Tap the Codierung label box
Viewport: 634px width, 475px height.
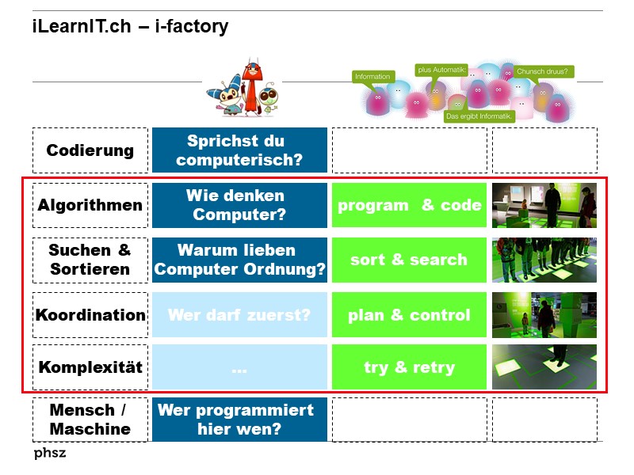click(x=90, y=150)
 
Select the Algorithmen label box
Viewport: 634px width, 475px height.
click(x=90, y=205)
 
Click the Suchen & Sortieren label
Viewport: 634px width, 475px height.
click(x=90, y=260)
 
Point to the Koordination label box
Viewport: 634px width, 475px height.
click(x=90, y=315)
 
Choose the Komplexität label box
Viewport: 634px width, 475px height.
click(x=90, y=367)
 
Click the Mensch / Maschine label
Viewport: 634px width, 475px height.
click(x=90, y=420)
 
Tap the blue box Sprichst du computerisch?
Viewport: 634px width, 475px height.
click(x=239, y=150)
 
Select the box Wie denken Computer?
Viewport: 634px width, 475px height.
click(x=239, y=205)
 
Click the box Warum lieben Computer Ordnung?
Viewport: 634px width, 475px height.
click(x=239, y=260)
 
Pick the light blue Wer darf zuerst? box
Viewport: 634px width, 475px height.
click(x=239, y=315)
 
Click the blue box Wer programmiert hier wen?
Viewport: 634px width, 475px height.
click(x=239, y=420)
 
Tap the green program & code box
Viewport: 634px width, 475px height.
click(x=409, y=205)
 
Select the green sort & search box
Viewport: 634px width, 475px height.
click(x=409, y=260)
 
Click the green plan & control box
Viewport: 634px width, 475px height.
click(x=409, y=315)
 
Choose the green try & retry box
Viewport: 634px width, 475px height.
click(x=409, y=367)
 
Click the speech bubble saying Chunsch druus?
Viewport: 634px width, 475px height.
click(x=544, y=71)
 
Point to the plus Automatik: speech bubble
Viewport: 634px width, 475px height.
click(x=442, y=70)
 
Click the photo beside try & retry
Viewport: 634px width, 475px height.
click(x=544, y=367)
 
